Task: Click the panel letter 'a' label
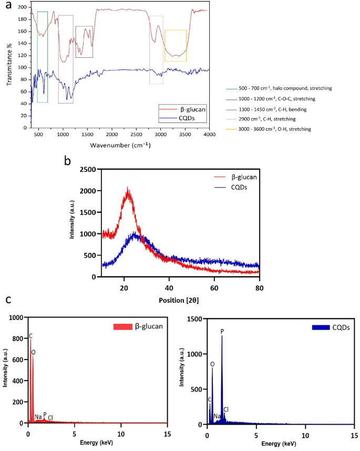tap(7, 6)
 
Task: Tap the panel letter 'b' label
tap(68, 160)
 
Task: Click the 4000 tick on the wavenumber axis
tap(209, 135)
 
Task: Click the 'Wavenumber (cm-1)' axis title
tap(120, 145)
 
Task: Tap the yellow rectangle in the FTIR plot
tap(176, 46)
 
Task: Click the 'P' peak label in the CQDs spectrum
tap(222, 331)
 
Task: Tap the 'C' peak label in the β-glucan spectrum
tap(30, 335)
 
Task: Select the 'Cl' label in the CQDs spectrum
tap(226, 409)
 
